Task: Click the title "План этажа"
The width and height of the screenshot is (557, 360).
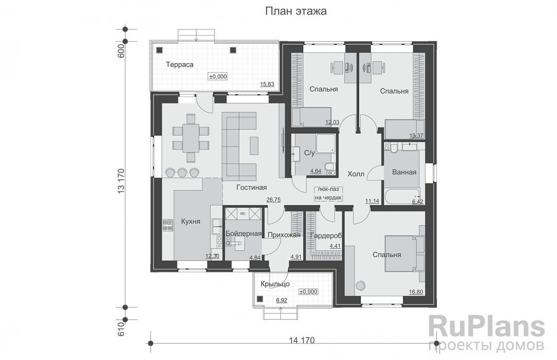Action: [296, 11]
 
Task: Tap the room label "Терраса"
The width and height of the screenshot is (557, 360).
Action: [180, 65]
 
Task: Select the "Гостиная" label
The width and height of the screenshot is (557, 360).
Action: [251, 187]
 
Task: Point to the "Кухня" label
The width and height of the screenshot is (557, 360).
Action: [191, 222]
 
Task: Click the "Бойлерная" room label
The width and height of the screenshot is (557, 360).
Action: [244, 234]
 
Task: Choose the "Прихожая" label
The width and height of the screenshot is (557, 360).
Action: [284, 235]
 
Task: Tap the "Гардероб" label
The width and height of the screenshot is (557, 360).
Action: [326, 236]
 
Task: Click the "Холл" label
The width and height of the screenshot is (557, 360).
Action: [356, 174]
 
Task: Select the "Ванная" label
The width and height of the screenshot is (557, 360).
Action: [404, 172]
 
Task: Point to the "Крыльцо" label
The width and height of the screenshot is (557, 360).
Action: [275, 284]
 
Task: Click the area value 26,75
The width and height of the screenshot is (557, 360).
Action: [273, 200]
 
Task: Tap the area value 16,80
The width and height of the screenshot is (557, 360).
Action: [416, 292]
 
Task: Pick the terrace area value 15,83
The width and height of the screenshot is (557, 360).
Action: [267, 84]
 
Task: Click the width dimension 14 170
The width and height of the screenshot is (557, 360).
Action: [302, 340]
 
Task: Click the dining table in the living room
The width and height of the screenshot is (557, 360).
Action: [191, 138]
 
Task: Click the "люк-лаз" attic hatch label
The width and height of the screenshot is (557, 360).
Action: [328, 190]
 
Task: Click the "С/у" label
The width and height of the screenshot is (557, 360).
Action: [309, 153]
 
